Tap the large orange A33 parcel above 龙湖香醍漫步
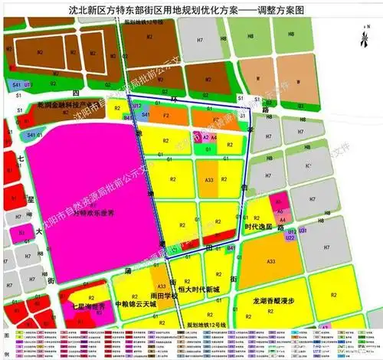[x=271, y=261]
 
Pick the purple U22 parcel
[x=289, y=239]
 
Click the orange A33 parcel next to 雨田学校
[x=160, y=276]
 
